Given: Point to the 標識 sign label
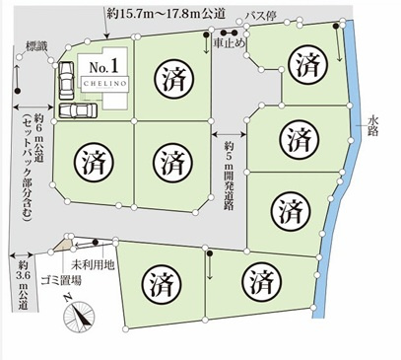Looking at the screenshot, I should click(x=36, y=44).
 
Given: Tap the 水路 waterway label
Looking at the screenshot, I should click(x=372, y=125).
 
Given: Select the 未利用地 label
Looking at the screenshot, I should click(x=94, y=264).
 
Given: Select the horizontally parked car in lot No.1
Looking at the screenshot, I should click(x=77, y=111).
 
